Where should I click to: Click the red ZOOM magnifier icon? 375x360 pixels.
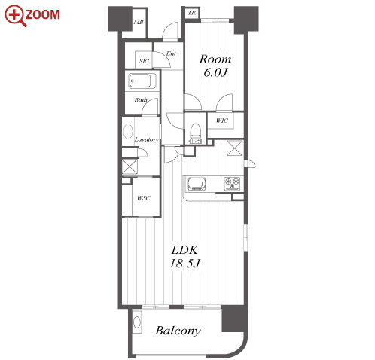point(16,16)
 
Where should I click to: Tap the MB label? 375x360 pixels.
point(139,22)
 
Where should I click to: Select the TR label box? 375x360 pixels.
point(192,13)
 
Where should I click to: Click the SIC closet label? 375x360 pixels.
point(144,61)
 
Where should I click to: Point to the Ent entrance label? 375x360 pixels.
point(171,53)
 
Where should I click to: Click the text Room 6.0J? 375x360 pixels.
point(215,66)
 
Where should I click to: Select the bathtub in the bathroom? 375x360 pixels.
point(142,81)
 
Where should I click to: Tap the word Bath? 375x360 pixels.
point(141,100)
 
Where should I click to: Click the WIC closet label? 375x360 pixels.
point(222,121)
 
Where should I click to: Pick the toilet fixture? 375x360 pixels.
point(196,134)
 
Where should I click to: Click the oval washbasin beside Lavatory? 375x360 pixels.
point(128,131)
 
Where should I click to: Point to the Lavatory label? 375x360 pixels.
point(147,139)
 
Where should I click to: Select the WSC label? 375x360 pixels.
point(144,198)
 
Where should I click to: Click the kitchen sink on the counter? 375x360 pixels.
point(197,184)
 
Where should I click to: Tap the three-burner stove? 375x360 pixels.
point(232,183)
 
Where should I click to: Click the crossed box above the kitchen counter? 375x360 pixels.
point(235,148)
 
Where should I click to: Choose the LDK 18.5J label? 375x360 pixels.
point(185,257)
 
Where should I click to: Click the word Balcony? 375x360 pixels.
point(178,331)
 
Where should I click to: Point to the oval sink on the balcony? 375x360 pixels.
point(137,322)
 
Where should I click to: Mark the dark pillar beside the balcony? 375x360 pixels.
point(233,319)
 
